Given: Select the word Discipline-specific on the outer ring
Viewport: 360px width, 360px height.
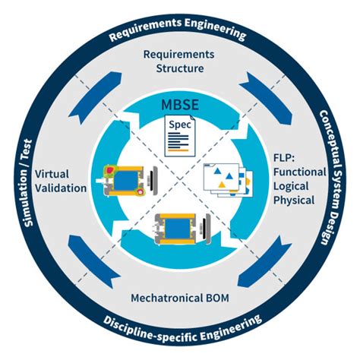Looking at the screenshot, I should point(149,327).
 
